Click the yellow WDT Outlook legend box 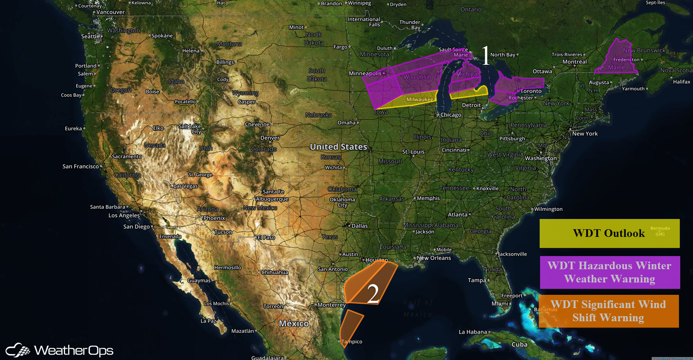coord(609,233)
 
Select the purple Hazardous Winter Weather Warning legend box coord(610,272)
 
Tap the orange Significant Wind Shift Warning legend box coord(609,311)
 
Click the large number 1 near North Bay coord(486,55)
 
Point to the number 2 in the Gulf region coord(373,294)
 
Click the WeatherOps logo coord(60,350)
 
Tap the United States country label coord(338,147)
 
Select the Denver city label coord(270,138)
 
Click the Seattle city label coord(90,37)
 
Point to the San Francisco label coord(81,167)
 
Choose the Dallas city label coord(359,226)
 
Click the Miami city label coord(500,304)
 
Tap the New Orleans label coord(434,258)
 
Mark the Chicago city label coord(451,115)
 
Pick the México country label coord(294,324)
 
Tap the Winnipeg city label coord(359,3)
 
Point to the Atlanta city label coord(457,215)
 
